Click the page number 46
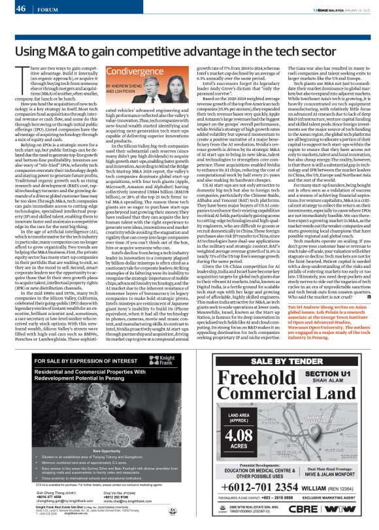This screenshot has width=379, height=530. tap(21, 8)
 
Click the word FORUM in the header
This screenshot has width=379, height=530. tap(46, 9)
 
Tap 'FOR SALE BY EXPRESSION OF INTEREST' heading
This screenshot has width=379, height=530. tap(76, 361)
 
